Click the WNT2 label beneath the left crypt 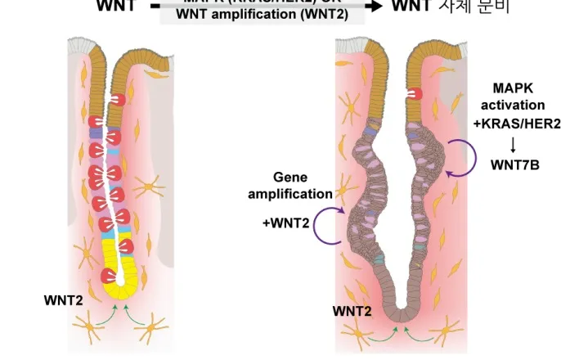tap(63, 301)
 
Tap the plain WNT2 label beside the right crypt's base tap(352, 311)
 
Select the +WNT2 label tap(285, 222)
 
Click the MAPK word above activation tap(512, 88)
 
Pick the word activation tap(512, 105)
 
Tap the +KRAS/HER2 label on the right tap(512, 123)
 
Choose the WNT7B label tap(512, 164)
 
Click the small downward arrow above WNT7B tap(512, 143)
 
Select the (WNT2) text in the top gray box tap(325, 14)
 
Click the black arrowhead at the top tap(375, 6)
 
